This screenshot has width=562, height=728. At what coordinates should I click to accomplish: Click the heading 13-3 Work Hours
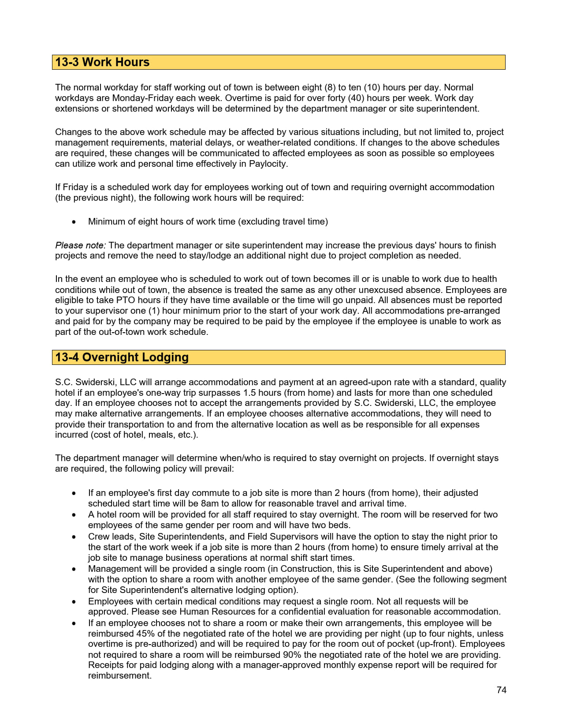tap(102, 62)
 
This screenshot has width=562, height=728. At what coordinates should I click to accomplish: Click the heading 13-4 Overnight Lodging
tap(122, 357)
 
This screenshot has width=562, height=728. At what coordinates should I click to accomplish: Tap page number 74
tap(501, 690)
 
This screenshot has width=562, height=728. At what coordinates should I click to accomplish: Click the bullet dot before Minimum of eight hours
tap(74, 222)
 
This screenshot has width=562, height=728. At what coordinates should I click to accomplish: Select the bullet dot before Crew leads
tap(74, 537)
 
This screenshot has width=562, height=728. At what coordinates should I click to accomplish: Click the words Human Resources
tap(216, 612)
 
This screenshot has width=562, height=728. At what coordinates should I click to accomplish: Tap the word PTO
tap(126, 300)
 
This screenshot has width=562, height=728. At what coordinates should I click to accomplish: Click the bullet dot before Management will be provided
tap(74, 569)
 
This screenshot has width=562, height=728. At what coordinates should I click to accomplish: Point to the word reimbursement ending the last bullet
tap(119, 676)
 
